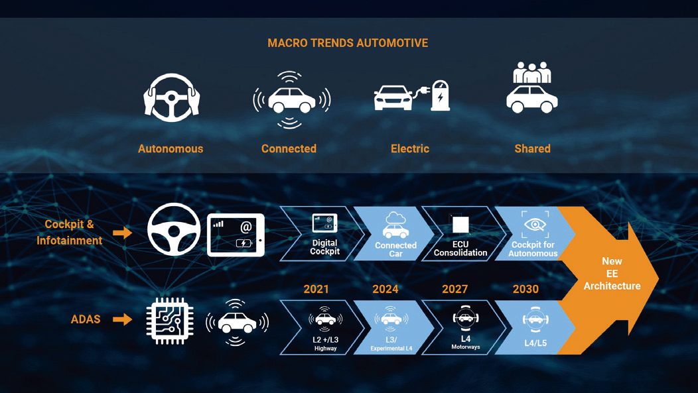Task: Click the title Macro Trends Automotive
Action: tap(348, 43)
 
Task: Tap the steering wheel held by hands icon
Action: tap(171, 98)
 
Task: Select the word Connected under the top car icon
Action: tap(289, 148)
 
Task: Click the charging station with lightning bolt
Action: tap(441, 95)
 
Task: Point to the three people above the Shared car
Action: tap(532, 72)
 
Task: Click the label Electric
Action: tap(410, 148)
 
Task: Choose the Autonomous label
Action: tap(171, 148)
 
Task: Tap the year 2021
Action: tap(316, 290)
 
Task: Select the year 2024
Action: tap(385, 290)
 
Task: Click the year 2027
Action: tap(455, 290)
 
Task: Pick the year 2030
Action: tap(525, 290)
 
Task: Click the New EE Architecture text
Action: tap(612, 274)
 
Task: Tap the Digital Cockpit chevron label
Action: tap(325, 247)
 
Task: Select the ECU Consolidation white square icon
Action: tap(460, 225)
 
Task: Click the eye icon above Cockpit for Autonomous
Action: tap(535, 225)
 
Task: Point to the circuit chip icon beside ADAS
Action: tap(170, 321)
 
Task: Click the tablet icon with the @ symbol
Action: tap(236, 235)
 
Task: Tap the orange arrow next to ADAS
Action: tap(123, 319)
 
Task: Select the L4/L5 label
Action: tap(535, 343)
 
